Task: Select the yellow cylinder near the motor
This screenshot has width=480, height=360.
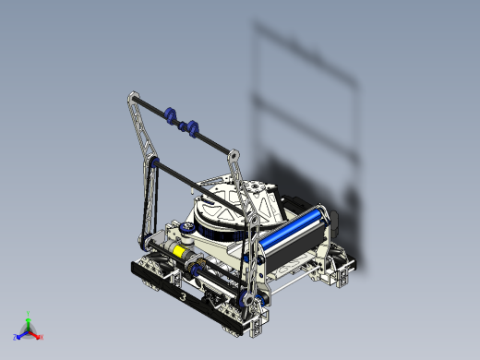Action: tap(174, 250)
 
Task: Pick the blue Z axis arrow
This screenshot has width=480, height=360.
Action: tap(18, 336)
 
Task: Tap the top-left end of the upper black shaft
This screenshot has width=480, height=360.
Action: tap(129, 95)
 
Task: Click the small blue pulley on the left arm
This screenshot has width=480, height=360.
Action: tap(154, 165)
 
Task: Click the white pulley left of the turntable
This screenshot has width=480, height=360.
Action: tap(187, 228)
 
